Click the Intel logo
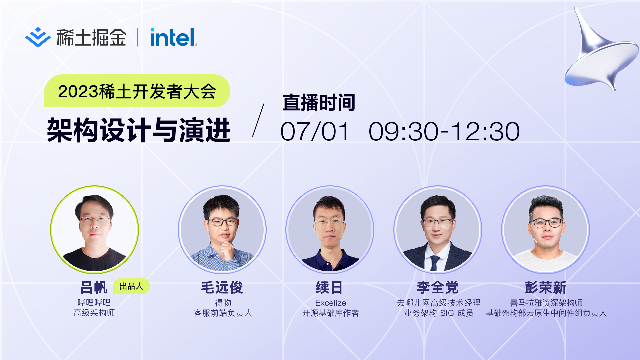174,37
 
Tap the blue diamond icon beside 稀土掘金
38,37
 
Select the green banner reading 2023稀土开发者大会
137,91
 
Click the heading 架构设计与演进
139,130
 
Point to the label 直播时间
319,102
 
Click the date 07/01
315,131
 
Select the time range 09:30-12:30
444,131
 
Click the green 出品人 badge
131,286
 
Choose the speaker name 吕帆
94,287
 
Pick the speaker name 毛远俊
222,287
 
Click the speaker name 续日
329,287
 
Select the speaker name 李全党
438,287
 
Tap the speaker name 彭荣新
546,287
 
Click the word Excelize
331,303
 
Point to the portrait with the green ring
94,230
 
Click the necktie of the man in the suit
435,262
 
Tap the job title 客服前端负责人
223,313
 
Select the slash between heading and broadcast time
258,120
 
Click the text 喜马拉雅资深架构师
546,303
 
